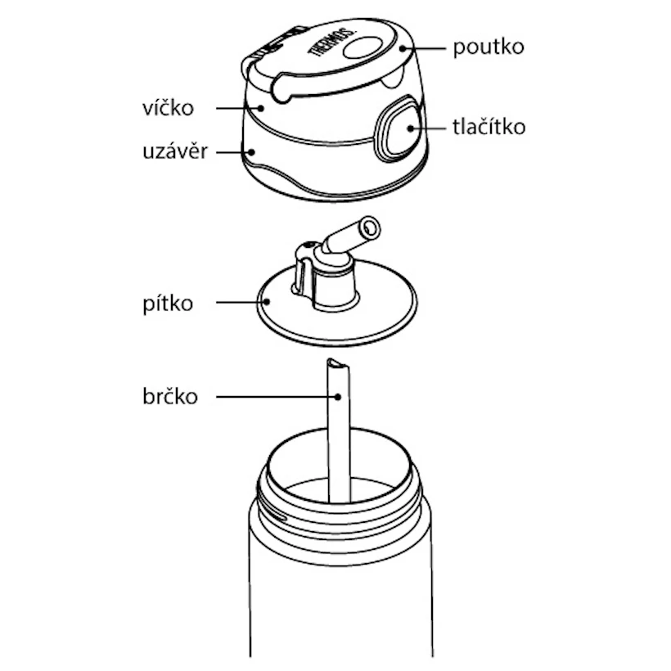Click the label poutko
tap(489, 48)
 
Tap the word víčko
tap(168, 108)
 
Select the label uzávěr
tap(175, 151)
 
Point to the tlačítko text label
tap(489, 127)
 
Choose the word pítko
tap(168, 304)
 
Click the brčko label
tap(170, 396)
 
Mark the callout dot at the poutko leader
tap(403, 48)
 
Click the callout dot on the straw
tap(338, 397)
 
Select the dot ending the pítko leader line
tap(267, 302)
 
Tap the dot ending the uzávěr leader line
tap(252, 152)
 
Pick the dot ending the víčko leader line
tap(260, 108)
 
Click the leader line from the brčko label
tap(277, 397)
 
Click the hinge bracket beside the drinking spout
tap(304, 269)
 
